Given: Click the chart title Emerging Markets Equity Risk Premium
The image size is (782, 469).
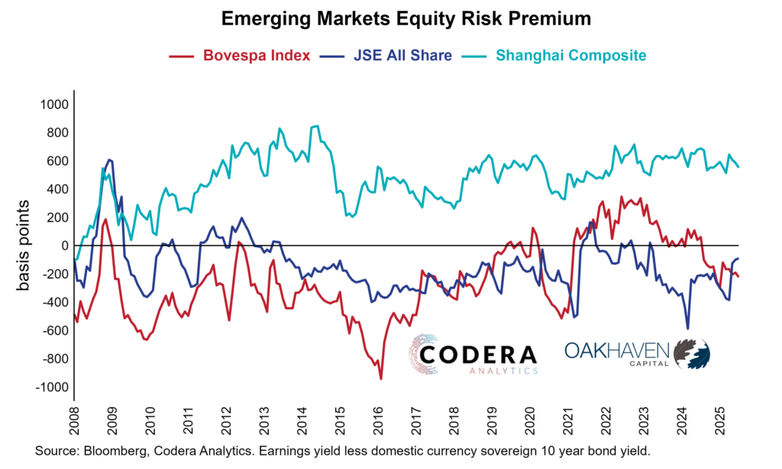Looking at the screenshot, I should [391, 16].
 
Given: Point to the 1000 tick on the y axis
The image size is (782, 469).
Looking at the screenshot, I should [55, 104].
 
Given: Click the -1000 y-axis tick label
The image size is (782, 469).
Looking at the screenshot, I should [53, 387].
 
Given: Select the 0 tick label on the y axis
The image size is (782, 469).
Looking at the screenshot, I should [64, 245].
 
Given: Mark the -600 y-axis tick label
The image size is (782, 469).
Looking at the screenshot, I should [55, 331].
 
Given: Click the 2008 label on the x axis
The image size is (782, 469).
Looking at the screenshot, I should [74, 422].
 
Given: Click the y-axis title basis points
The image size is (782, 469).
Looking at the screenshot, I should [24, 245].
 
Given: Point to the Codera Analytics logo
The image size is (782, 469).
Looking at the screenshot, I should [473, 356].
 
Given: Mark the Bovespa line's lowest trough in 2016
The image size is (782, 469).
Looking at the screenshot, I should [381, 378].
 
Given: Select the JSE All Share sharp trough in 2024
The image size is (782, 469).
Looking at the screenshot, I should [688, 329].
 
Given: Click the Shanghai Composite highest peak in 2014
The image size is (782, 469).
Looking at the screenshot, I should [316, 126].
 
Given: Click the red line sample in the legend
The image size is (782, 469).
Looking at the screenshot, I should [180, 56].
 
